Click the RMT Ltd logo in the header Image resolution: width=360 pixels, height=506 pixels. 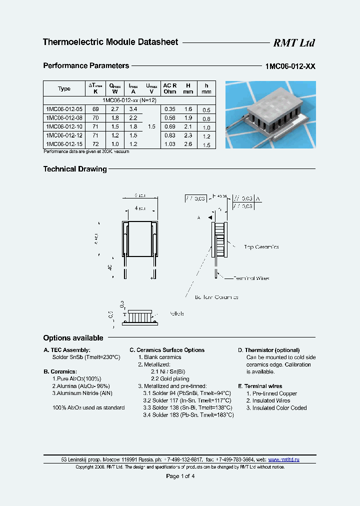click(293, 43)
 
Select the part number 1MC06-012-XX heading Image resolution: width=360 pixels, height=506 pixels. click(290, 66)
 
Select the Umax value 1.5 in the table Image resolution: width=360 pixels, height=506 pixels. click(151, 126)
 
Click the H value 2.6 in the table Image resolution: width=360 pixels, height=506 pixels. click(188, 144)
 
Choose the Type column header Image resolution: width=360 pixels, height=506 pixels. click(64, 88)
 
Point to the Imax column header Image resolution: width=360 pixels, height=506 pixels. click(133, 88)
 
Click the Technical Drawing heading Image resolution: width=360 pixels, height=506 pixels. click(75, 169)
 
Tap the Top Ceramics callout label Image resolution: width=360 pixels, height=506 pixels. click(261, 247)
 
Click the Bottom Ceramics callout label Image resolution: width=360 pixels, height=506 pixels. click(216, 297)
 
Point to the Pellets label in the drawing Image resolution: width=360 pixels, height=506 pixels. click(176, 314)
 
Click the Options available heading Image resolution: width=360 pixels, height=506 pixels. click(73, 338)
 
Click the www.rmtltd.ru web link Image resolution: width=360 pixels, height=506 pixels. click(284, 459)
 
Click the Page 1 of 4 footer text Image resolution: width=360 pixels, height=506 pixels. click(180, 476)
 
